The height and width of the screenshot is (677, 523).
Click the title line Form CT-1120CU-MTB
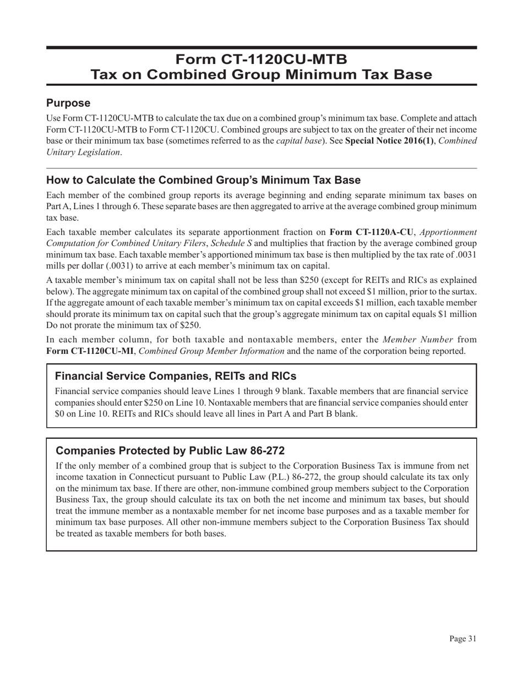pos(261,59)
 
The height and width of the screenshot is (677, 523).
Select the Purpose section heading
pos(68,103)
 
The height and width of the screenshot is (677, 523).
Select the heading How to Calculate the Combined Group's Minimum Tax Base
pos(203,181)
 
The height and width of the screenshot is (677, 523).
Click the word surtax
pos(463,292)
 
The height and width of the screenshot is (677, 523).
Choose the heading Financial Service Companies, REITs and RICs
pos(176,376)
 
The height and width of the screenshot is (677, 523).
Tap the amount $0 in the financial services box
pos(61,414)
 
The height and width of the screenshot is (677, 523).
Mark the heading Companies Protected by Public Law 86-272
pos(170,451)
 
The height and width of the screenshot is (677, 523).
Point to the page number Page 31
pos(462,639)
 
